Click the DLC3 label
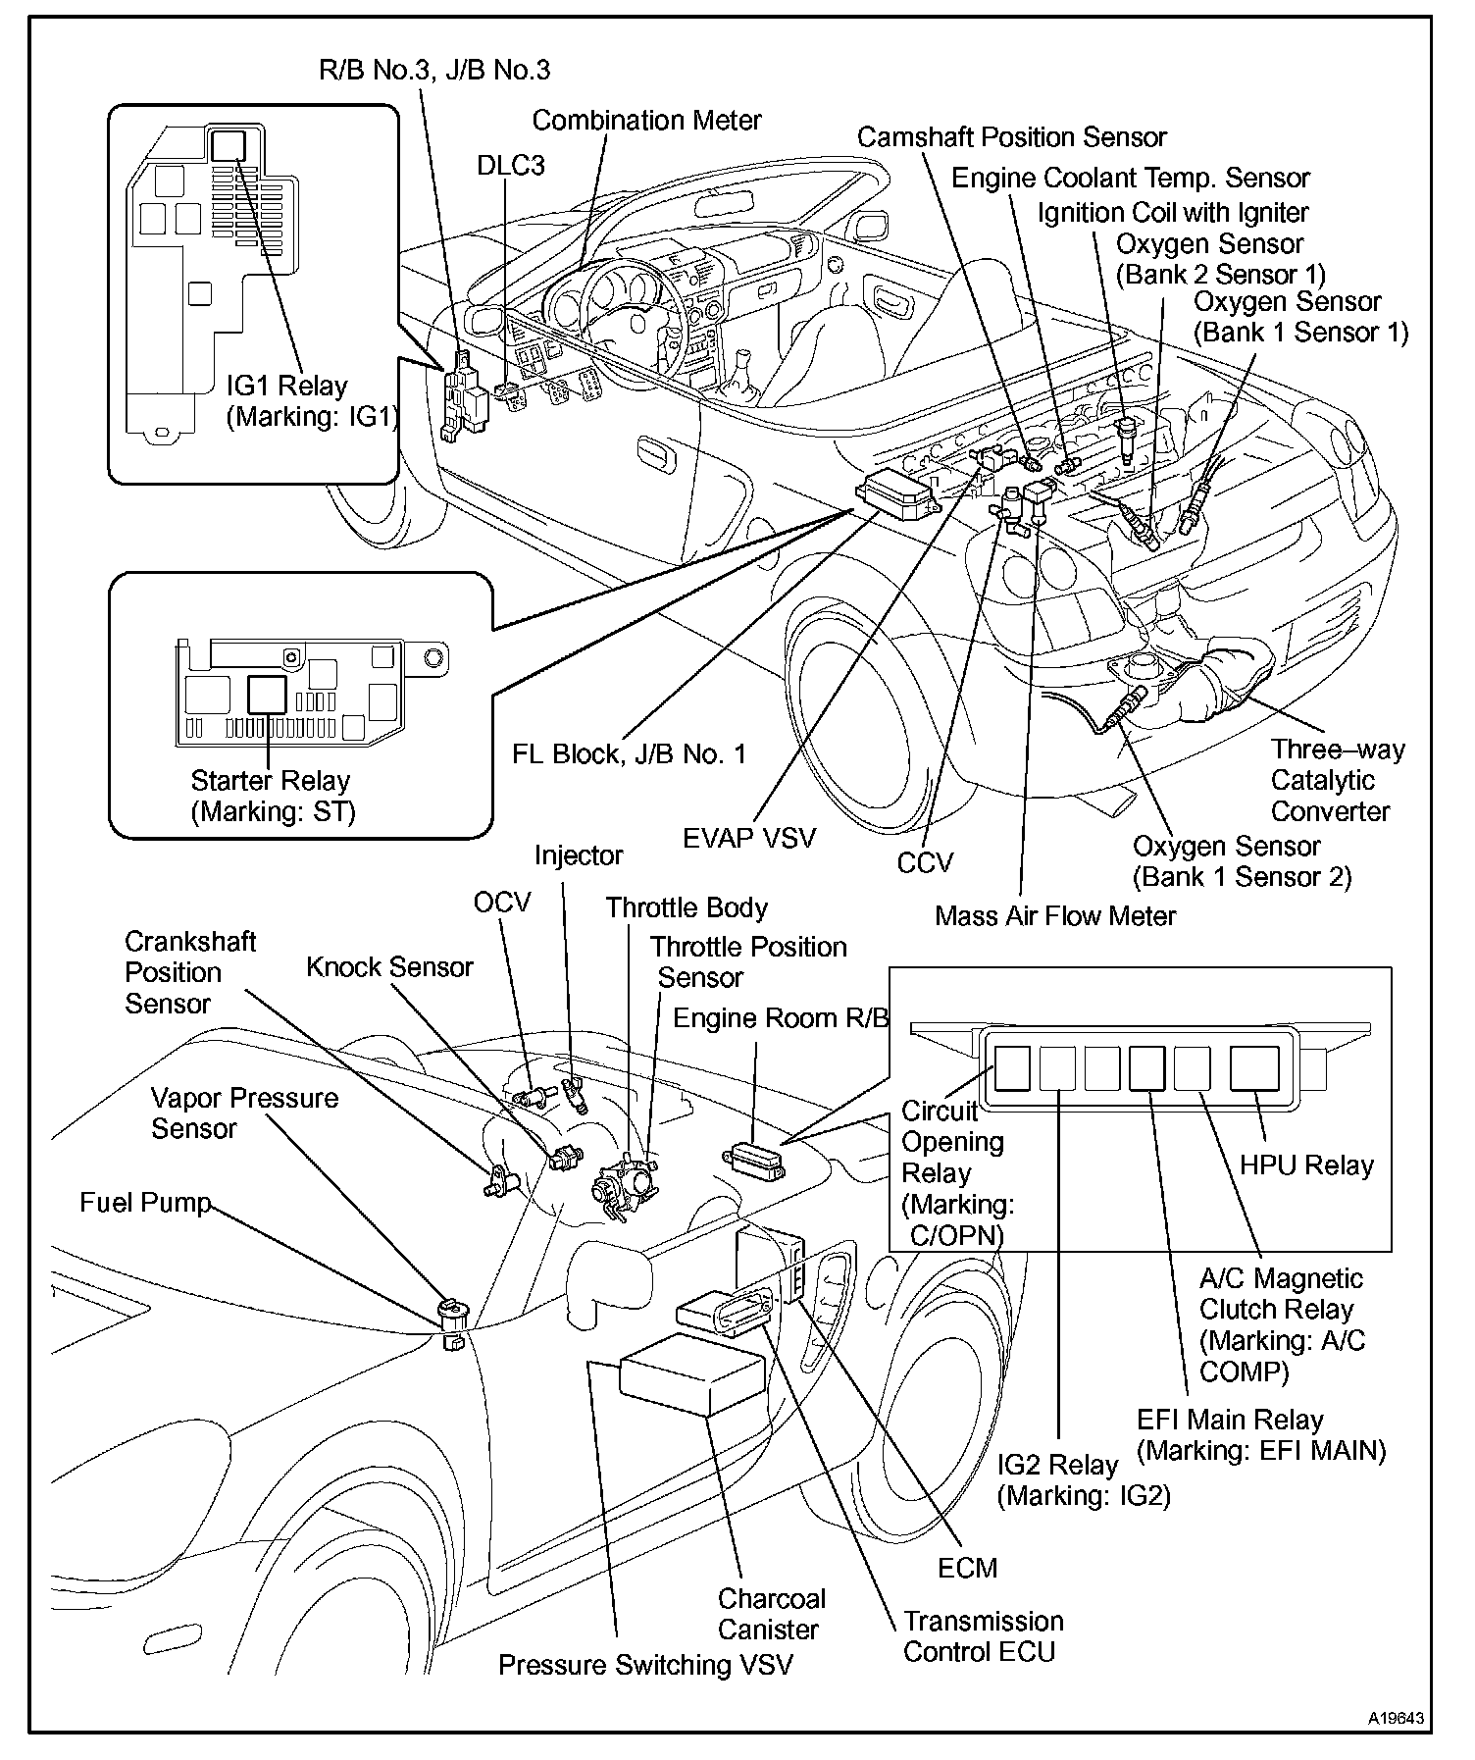tap(510, 165)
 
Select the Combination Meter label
tap(646, 121)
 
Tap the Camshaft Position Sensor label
tap(1011, 137)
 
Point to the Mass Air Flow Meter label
tap(1054, 916)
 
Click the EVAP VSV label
tap(749, 839)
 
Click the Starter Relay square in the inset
tap(266, 694)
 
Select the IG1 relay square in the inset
tap(230, 146)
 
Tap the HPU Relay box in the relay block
tap(1254, 1068)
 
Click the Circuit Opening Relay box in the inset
tap(1013, 1068)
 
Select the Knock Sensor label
tap(389, 967)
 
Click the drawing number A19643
tap(1397, 1718)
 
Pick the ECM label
tap(967, 1568)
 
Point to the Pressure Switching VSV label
tap(644, 1665)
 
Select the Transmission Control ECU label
tap(983, 1636)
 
